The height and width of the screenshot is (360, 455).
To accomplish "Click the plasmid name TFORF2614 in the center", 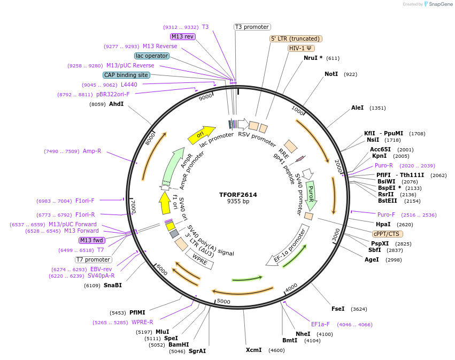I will pyautogui.click(x=238, y=195).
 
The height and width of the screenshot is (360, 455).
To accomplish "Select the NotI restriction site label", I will pyautogui.click(x=331, y=74).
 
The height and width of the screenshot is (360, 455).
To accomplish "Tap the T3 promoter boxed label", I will pyautogui.click(x=252, y=27).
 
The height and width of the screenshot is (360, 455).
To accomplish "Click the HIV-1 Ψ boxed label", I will pyautogui.click(x=301, y=48).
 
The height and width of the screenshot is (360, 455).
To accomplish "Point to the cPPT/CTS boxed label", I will pyautogui.click(x=387, y=234).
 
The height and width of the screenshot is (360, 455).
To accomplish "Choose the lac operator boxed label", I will pyautogui.click(x=152, y=56).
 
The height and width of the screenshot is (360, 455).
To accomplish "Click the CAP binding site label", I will pyautogui.click(x=126, y=75).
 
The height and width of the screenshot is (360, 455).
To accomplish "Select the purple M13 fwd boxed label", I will pyautogui.click(x=92, y=240).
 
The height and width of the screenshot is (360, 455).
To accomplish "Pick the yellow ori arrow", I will pyautogui.click(x=201, y=134).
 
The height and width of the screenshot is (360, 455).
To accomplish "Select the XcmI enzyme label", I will pyautogui.click(x=253, y=350).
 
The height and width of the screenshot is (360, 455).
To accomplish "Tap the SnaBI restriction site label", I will pyautogui.click(x=113, y=285).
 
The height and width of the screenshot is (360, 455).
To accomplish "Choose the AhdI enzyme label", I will pyautogui.click(x=116, y=104).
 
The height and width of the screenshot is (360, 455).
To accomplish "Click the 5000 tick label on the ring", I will pyautogui.click(x=223, y=302).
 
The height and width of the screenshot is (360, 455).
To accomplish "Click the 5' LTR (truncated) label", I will pyautogui.click(x=296, y=39).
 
